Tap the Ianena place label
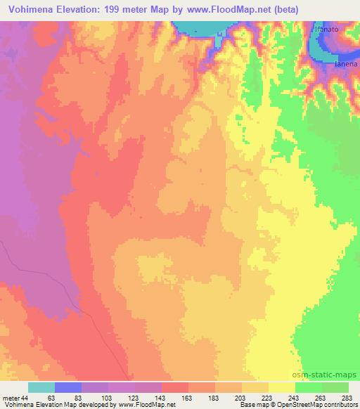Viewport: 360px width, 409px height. point(347,65)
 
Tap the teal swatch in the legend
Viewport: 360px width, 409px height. point(41,387)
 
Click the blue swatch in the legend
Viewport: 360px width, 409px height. point(68,387)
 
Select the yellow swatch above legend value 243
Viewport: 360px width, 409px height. point(281,387)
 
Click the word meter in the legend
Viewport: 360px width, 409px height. point(11,398)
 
